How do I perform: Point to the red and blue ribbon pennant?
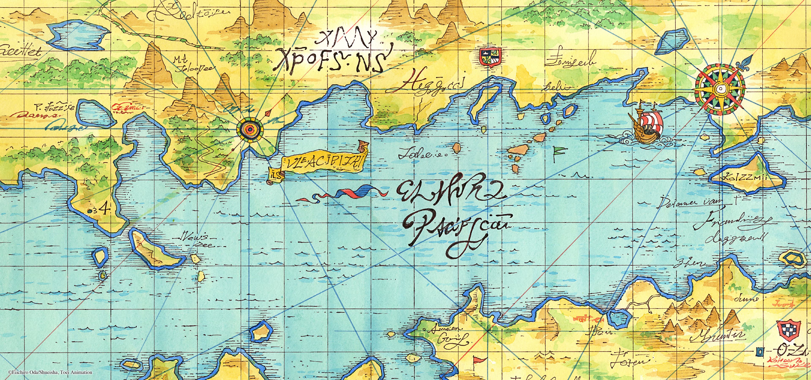pyautogui.click(x=343, y=193)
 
